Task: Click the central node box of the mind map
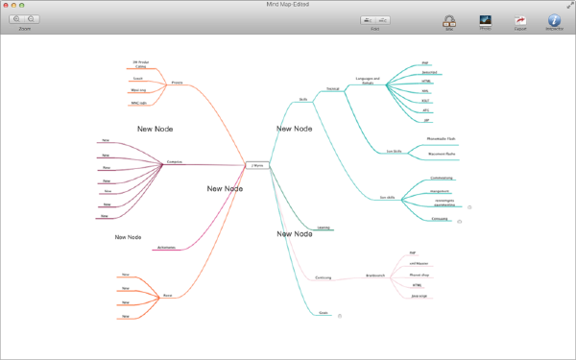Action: pyautogui.click(x=257, y=166)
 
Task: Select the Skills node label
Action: pyautogui.click(x=302, y=98)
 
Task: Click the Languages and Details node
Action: pyautogui.click(x=368, y=81)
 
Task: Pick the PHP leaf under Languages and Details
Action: pyautogui.click(x=424, y=63)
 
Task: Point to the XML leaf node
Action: pyautogui.click(x=425, y=91)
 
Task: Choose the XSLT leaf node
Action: pyautogui.click(x=425, y=101)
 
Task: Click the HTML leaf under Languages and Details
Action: pyautogui.click(x=425, y=82)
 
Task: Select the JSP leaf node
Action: pyautogui.click(x=425, y=120)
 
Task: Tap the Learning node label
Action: pyautogui.click(x=324, y=228)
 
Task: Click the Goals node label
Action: pyautogui.click(x=324, y=314)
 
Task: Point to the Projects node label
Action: pyautogui.click(x=177, y=83)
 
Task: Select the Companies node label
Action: pyautogui.click(x=175, y=161)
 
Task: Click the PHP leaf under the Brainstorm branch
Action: pyautogui.click(x=413, y=253)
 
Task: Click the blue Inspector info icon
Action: pyautogui.click(x=554, y=20)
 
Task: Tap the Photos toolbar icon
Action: pyautogui.click(x=486, y=20)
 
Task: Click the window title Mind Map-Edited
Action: pyautogui.click(x=287, y=5)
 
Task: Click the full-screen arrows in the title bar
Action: pyautogui.click(x=568, y=5)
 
